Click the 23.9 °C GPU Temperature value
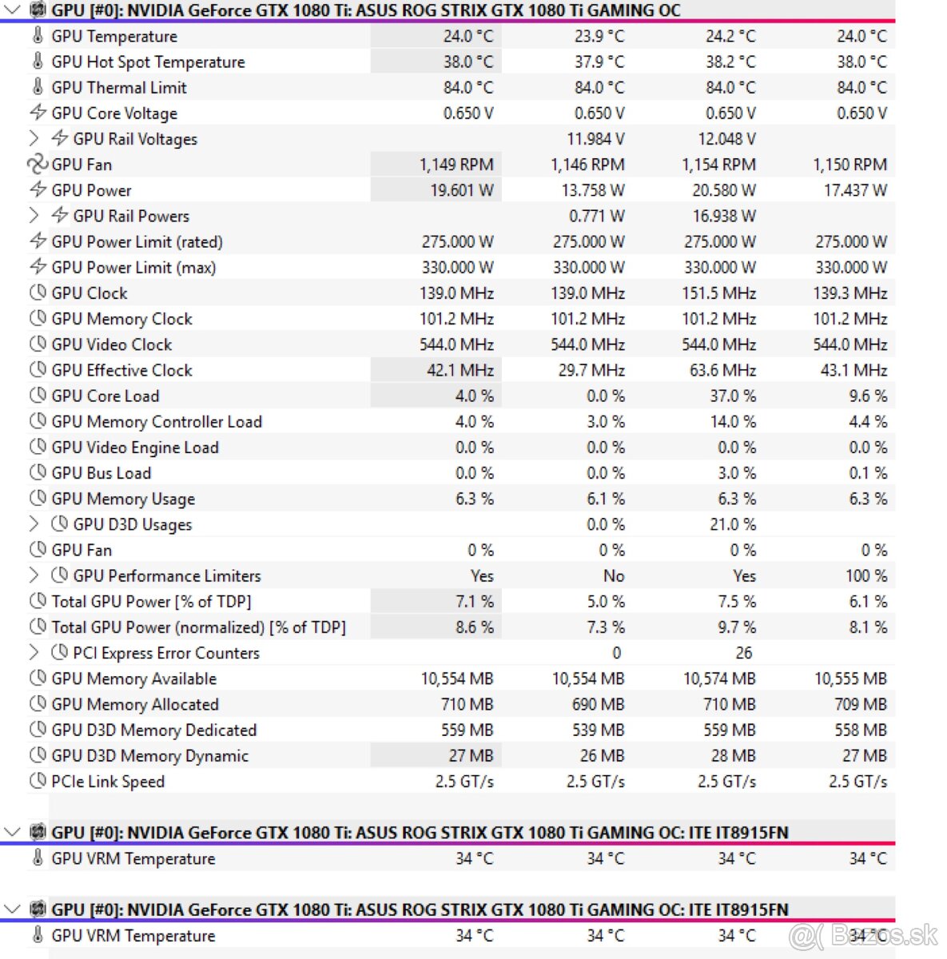coord(599,36)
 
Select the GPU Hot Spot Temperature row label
coord(148,62)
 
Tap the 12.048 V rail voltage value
coord(727,139)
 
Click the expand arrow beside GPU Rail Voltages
coord(33,138)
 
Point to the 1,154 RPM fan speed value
coord(718,165)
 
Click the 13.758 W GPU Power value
coord(593,190)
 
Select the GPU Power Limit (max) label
coord(133,268)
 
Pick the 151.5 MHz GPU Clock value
coord(719,293)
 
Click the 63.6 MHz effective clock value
coord(722,370)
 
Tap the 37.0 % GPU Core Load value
coord(732,396)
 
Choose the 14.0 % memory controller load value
coord(732,422)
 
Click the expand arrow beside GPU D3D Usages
coord(33,524)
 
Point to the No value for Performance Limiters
coord(614,575)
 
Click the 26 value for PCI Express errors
coord(744,653)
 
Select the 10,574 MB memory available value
coord(719,678)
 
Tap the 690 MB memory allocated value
coord(598,704)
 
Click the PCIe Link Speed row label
coord(108,782)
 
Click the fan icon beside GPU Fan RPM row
coord(38,165)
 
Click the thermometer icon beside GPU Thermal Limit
coord(38,87)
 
